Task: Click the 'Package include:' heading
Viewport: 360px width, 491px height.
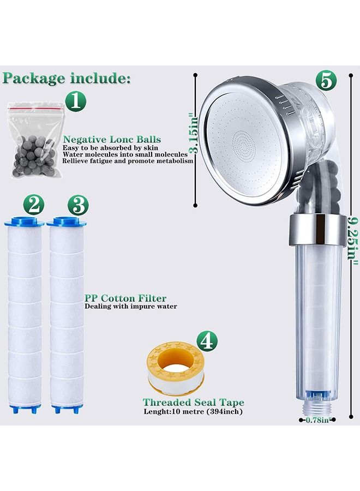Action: click(x=67, y=78)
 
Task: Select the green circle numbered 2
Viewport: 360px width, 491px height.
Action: click(x=34, y=206)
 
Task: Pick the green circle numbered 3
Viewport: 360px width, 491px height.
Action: click(x=77, y=206)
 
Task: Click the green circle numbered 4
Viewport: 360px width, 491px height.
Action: click(x=206, y=341)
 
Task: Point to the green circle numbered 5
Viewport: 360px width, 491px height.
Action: click(x=325, y=81)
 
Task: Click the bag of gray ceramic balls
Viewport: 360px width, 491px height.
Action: click(x=32, y=143)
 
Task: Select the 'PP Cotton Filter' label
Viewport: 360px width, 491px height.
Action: click(x=125, y=298)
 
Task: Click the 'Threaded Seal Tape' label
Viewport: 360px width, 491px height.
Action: click(x=193, y=403)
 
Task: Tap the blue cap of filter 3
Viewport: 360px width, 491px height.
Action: click(x=67, y=223)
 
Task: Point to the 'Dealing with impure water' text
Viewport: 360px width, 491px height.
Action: click(x=130, y=307)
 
